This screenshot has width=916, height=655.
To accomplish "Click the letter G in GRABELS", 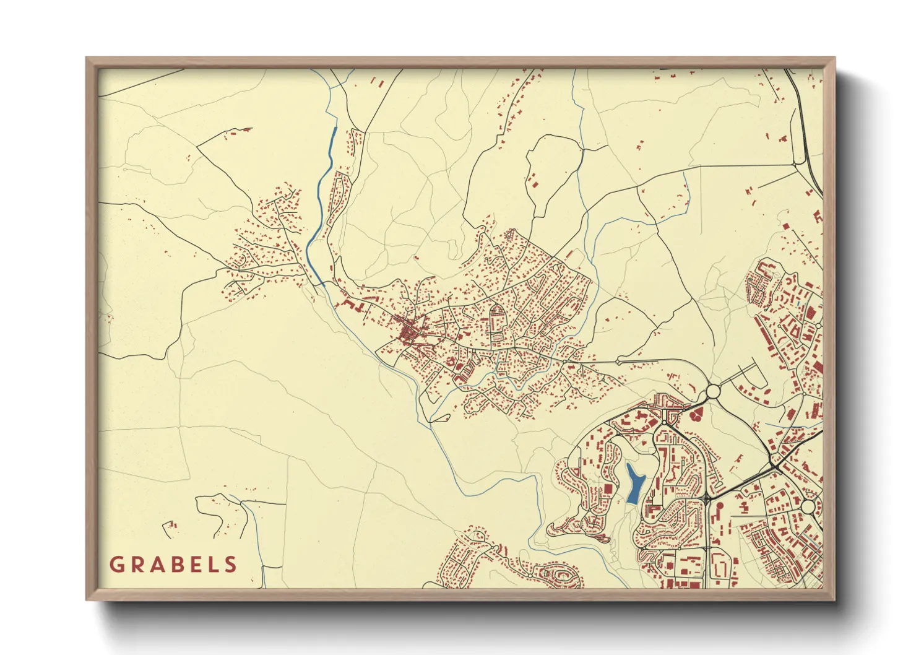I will [x=116, y=565].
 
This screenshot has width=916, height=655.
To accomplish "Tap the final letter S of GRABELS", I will [x=231, y=565].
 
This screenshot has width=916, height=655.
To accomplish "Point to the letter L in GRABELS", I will [x=214, y=565].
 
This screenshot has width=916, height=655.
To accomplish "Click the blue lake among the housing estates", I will [x=633, y=483].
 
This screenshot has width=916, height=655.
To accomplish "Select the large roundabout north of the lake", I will [x=712, y=391].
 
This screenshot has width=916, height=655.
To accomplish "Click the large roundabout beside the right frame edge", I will [x=808, y=507].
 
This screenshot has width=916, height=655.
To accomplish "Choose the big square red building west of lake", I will [x=608, y=489].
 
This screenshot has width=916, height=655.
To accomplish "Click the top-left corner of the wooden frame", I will [x=87, y=59].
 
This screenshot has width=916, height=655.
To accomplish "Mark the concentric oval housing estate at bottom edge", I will [x=563, y=576].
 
